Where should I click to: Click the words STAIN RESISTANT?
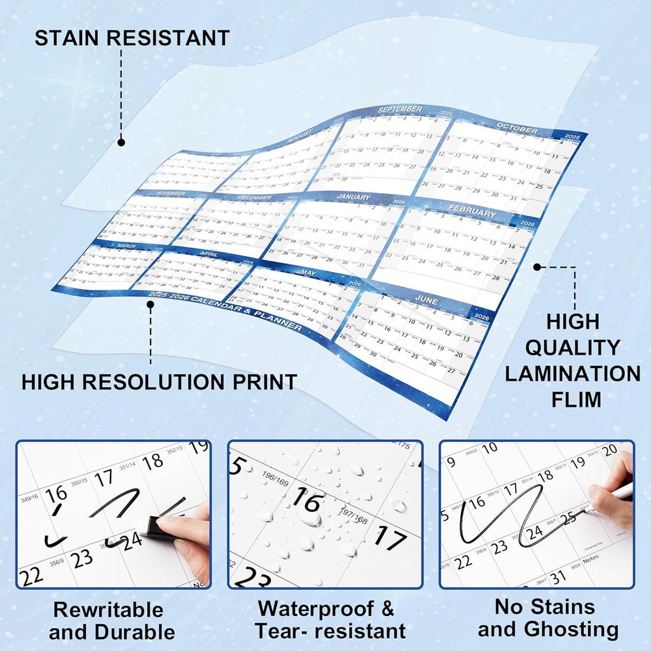pyautogui.click(x=132, y=38)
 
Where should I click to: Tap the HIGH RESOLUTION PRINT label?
pyautogui.click(x=159, y=382)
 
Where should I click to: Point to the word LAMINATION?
pyautogui.click(x=572, y=373)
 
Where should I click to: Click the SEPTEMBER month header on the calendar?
pyautogui.click(x=400, y=110)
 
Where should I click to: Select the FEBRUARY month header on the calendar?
pyautogui.click(x=470, y=214)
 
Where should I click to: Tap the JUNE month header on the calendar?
pyautogui.click(x=427, y=298)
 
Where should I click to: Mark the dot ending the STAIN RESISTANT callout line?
pyautogui.click(x=121, y=143)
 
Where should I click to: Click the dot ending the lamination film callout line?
pyautogui.click(x=537, y=267)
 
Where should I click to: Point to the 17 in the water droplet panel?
pyautogui.click(x=390, y=538)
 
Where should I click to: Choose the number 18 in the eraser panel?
pyautogui.click(x=153, y=462)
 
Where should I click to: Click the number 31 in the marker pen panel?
pyautogui.click(x=558, y=577)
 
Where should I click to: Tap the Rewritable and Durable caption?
pyautogui.click(x=112, y=620)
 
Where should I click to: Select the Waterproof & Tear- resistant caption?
pyautogui.click(x=329, y=619)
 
